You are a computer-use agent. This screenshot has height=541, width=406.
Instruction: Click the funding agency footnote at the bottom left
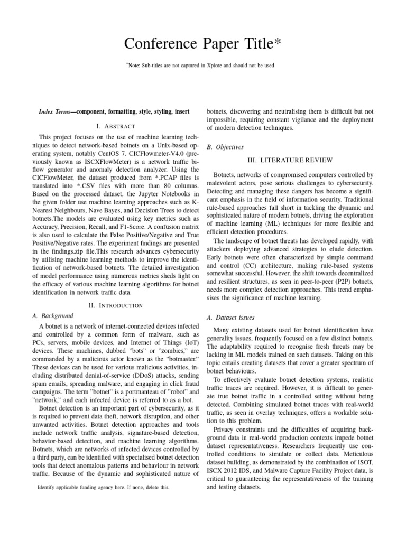(104, 488)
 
